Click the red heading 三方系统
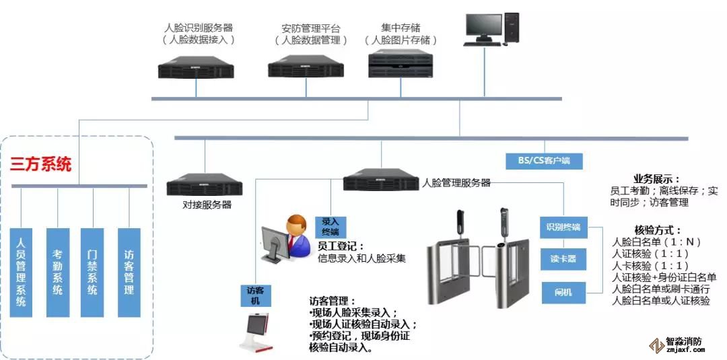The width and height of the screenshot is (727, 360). tap(40, 164)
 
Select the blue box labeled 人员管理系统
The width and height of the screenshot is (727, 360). tap(22, 272)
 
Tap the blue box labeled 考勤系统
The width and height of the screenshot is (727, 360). tap(57, 272)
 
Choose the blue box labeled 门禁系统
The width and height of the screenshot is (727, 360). tap(92, 272)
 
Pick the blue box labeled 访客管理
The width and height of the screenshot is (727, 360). tap(129, 272)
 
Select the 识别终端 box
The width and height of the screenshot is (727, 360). tap(563, 227)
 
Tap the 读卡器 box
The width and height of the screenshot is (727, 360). tap(563, 259)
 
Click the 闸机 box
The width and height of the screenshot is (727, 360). tap(563, 293)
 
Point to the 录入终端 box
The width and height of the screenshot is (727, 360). tap(330, 227)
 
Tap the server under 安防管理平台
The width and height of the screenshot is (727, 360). tap(306, 68)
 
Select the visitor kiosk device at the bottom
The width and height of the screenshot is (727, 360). tap(260, 334)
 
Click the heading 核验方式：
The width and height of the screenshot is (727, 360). tap(658, 230)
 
